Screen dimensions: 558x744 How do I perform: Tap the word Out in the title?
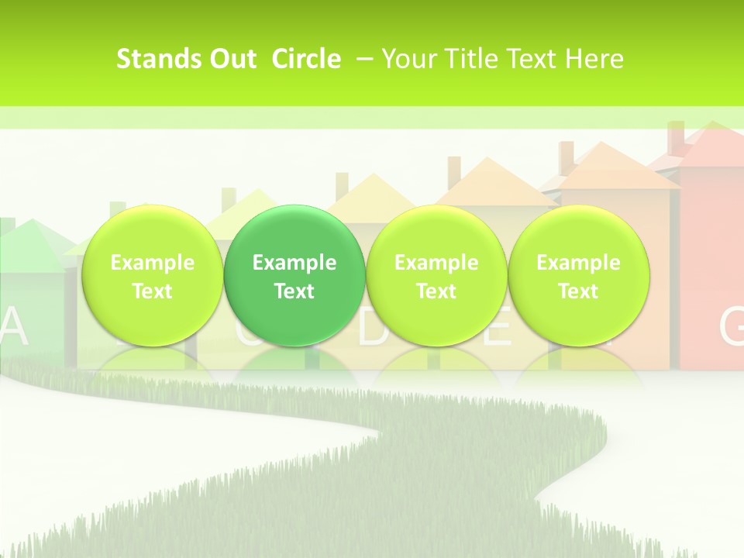[x=230, y=59]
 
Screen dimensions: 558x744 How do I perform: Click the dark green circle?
[x=294, y=275]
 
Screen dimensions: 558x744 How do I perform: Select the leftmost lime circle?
[x=153, y=275]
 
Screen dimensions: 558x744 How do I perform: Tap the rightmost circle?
[x=578, y=275]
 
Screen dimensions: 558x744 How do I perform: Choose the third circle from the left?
[x=436, y=275]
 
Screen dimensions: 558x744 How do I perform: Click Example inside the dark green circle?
[x=294, y=263]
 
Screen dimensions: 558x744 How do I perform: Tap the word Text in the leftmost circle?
[x=153, y=291]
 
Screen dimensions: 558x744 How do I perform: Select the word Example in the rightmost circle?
[x=578, y=263]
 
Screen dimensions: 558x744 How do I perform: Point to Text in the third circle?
[x=436, y=291]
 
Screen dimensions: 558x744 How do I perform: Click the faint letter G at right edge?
[x=732, y=327]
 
